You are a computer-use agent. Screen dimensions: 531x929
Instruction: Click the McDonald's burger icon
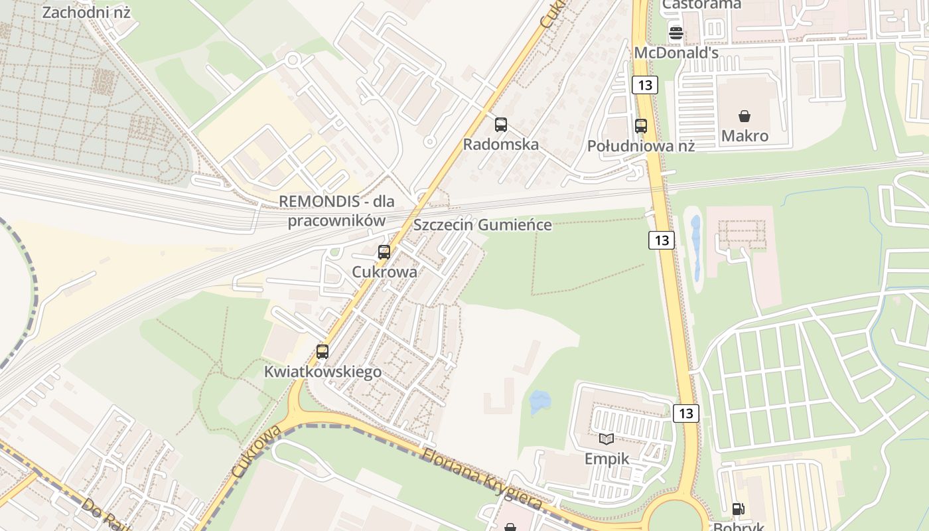(x=676, y=33)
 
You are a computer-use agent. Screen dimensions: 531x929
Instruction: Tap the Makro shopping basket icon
(x=745, y=117)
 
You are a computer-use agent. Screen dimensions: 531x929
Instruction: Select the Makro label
(x=745, y=136)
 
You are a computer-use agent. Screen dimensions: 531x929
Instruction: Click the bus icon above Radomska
(x=501, y=124)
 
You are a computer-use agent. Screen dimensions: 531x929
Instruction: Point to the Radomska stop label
(x=501, y=144)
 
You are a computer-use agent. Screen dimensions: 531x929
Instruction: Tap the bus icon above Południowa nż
(x=641, y=125)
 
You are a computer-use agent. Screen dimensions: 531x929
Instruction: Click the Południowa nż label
(x=640, y=145)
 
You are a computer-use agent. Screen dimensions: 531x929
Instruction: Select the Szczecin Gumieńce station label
(x=482, y=224)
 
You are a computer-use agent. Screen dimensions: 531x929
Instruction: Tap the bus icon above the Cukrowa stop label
(x=384, y=252)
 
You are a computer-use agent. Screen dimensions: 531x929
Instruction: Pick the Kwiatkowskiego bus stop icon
(x=322, y=351)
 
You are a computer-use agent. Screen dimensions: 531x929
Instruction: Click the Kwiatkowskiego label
(x=322, y=372)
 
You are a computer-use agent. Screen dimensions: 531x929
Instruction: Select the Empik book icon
(x=607, y=439)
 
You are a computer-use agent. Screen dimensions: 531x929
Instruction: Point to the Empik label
(x=607, y=459)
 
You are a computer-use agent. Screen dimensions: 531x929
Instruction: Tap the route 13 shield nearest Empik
(x=686, y=413)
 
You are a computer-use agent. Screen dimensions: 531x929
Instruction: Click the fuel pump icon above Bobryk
(x=738, y=509)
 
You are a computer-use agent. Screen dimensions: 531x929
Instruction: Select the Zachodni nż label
(x=86, y=12)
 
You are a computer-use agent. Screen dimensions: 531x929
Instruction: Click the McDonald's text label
(x=676, y=52)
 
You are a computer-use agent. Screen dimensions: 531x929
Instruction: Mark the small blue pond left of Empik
(x=539, y=402)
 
